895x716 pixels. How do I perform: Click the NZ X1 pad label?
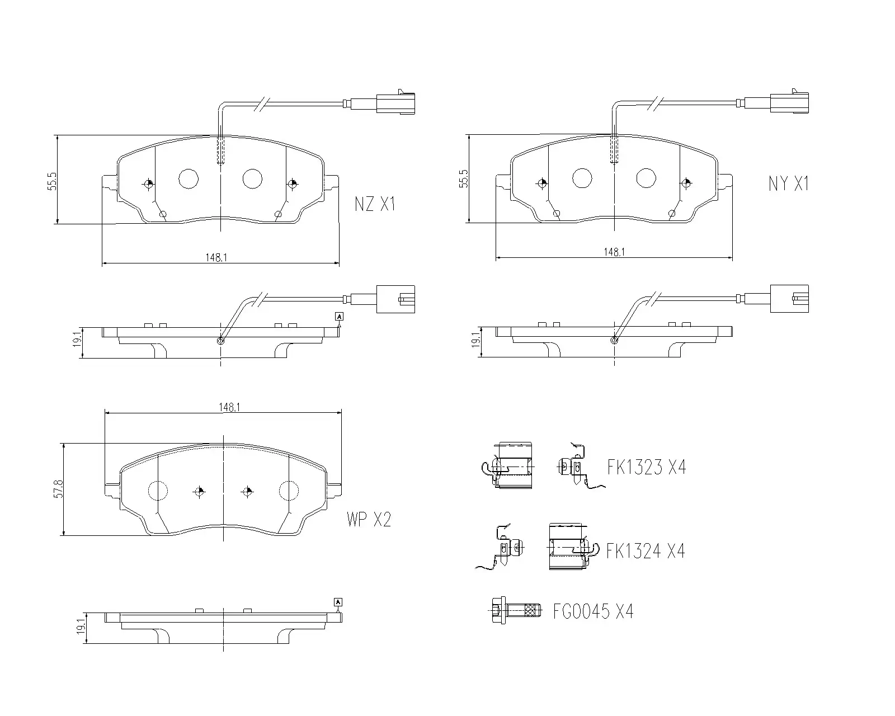click(375, 205)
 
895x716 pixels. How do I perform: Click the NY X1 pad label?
click(788, 183)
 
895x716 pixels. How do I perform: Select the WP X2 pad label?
click(368, 520)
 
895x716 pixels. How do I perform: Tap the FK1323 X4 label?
click(646, 467)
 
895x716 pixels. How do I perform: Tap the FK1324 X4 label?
click(645, 552)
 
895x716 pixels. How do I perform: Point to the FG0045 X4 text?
click(593, 611)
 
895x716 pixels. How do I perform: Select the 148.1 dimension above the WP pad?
click(229, 408)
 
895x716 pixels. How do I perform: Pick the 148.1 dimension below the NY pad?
click(614, 252)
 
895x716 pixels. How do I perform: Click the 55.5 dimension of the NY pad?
click(463, 179)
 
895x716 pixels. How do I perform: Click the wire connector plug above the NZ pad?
click(395, 103)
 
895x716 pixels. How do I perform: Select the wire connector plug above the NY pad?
click(789, 103)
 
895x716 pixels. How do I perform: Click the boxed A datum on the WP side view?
click(338, 602)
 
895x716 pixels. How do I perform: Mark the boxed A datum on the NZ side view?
click(339, 317)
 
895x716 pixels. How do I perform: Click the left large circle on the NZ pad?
click(189, 178)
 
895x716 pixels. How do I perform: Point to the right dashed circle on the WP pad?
click(289, 491)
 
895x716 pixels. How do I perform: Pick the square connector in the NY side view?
click(789, 299)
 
